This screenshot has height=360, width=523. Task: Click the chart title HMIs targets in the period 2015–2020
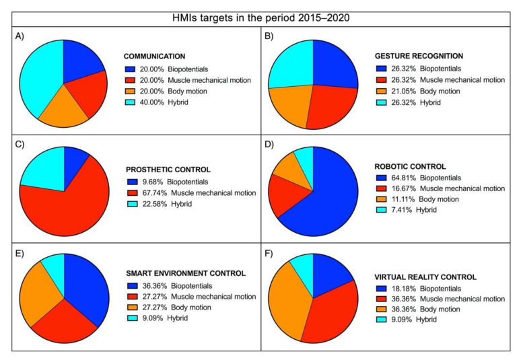pos(260,15)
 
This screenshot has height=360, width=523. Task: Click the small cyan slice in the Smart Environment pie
pos(54,264)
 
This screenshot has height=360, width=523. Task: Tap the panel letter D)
pos(269,144)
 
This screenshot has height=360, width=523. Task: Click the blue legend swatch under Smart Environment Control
pos(129,285)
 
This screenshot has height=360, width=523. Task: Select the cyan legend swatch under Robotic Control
pos(379,210)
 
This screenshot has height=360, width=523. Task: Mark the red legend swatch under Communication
pos(129,79)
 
